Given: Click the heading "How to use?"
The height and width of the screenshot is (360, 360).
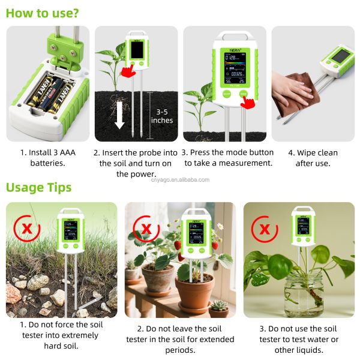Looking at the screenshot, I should click(x=42, y=13).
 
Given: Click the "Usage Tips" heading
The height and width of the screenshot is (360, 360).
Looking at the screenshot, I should click(x=38, y=187).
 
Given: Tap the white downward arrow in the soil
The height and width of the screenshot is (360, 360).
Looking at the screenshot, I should click(x=119, y=115).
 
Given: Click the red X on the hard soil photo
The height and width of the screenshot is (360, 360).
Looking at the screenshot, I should click(x=26, y=229).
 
